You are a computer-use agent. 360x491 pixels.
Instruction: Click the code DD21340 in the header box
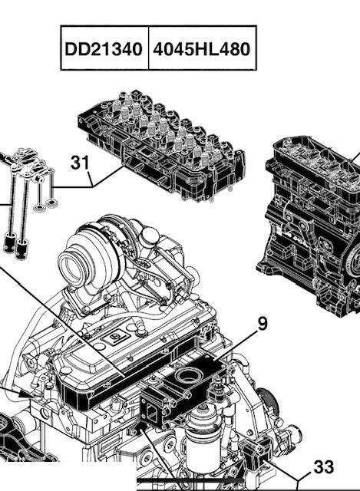point(102,49)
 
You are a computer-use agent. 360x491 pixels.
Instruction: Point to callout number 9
point(263,323)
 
